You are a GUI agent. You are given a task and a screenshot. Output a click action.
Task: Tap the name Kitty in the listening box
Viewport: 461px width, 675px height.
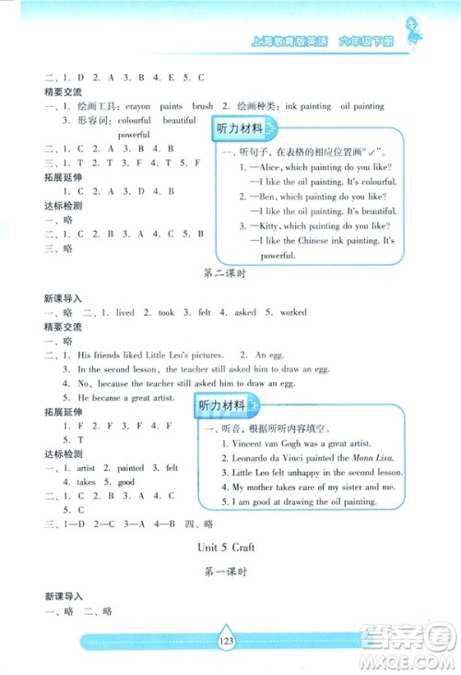coord(272,224)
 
